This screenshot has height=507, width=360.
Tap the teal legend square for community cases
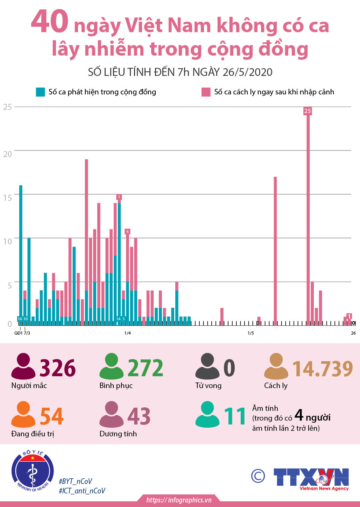click(40, 92)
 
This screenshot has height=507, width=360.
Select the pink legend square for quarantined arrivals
click(206, 92)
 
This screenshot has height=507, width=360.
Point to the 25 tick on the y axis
click(7, 107)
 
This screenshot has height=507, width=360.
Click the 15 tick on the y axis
click(7, 198)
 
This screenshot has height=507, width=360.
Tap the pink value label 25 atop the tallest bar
click(308, 111)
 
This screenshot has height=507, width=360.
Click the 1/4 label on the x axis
click(128, 333)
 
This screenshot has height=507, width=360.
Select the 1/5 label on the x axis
click(251, 333)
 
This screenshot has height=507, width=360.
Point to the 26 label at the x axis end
click(353, 333)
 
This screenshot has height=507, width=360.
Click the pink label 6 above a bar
click(127, 231)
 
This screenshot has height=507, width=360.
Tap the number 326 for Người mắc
click(58, 368)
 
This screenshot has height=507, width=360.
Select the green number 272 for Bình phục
click(145, 368)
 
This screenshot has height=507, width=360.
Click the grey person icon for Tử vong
click(207, 366)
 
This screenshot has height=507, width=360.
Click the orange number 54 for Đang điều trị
click(52, 416)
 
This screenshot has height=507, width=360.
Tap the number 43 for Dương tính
click(139, 416)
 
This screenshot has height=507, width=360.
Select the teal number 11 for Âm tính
click(235, 416)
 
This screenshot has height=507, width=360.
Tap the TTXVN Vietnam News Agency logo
click(311, 478)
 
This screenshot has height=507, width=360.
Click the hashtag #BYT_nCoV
click(76, 481)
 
